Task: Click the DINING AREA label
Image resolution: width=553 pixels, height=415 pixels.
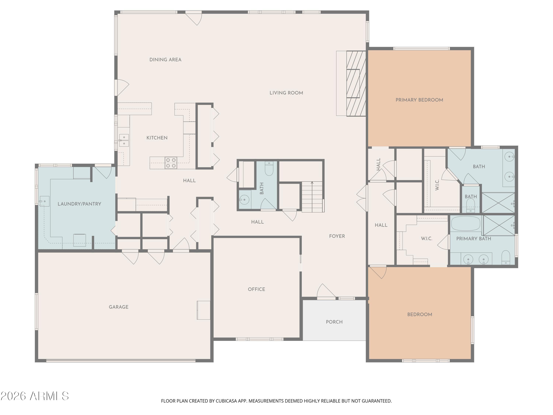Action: [x=165, y=60]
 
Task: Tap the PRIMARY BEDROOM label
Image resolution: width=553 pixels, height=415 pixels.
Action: [x=419, y=100]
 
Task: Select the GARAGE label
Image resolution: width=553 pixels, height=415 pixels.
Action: [x=119, y=307]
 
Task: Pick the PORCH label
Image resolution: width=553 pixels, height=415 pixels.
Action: [x=334, y=322]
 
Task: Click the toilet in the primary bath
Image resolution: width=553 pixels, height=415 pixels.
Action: [x=506, y=257]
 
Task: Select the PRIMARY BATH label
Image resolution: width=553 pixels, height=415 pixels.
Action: [x=474, y=239]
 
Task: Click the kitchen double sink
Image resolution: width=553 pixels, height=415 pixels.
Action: [x=124, y=140]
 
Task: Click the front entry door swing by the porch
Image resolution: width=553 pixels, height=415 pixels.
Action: [x=326, y=291]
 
